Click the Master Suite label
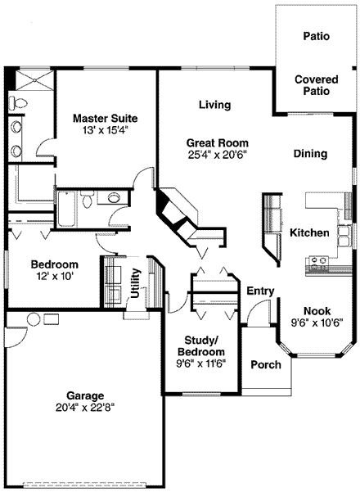105,119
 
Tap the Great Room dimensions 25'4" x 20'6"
218,155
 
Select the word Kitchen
309,232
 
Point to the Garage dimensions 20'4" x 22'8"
85,408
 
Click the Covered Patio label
317,85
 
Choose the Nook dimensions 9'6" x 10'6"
317,323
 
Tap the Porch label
266,364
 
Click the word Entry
260,291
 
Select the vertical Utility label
135,283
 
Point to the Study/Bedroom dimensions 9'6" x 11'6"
201,363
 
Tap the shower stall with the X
34,80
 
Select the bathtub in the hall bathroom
67,209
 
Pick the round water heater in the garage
34,319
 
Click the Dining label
310,153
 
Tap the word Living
215,105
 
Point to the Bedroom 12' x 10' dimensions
55,277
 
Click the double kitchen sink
344,237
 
